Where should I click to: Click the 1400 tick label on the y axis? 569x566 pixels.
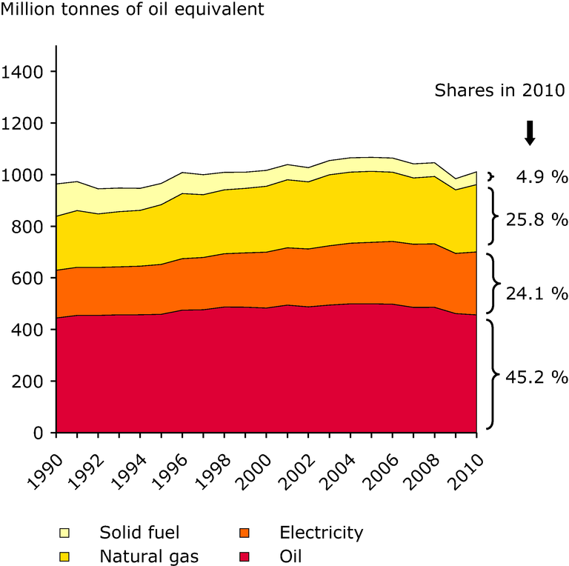pyautogui.click(x=24, y=72)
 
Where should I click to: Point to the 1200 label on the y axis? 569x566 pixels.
pyautogui.click(x=24, y=123)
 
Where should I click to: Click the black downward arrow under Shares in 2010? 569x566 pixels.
pyautogui.click(x=529, y=132)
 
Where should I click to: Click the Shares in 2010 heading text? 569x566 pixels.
pyautogui.click(x=499, y=90)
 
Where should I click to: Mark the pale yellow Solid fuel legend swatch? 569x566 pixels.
pyautogui.click(x=65, y=533)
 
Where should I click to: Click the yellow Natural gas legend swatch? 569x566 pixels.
pyautogui.click(x=65, y=556)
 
